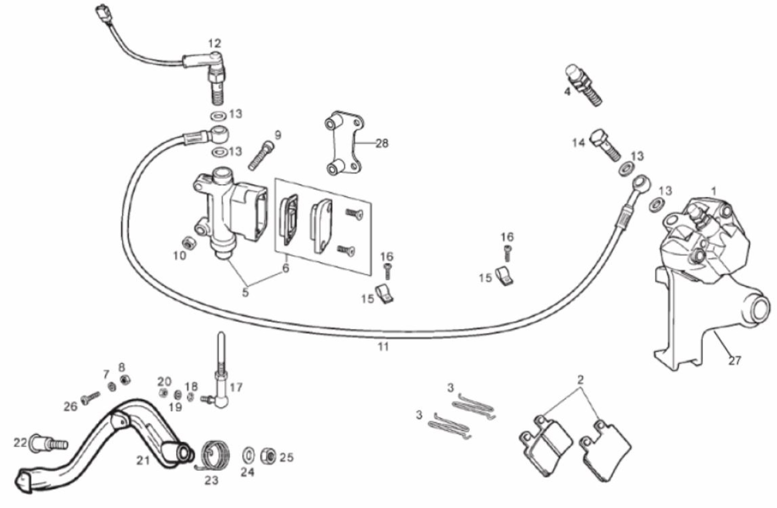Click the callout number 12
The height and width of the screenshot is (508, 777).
(215, 44)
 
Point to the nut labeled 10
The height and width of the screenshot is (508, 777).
(187, 242)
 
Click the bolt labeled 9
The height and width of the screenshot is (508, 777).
(262, 156)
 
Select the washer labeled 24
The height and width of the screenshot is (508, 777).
(248, 456)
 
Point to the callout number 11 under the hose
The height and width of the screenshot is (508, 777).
(383, 347)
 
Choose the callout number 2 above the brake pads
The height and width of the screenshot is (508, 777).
(580, 379)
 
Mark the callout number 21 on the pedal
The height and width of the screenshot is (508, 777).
(143, 461)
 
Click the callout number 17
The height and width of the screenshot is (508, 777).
(236, 387)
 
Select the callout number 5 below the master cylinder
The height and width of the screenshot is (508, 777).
(245, 292)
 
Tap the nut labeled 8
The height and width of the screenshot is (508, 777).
(125, 379)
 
